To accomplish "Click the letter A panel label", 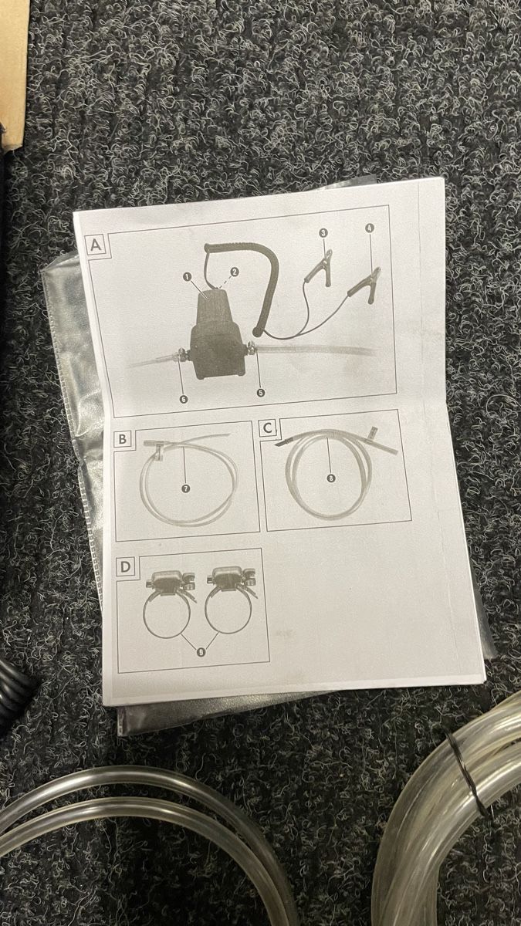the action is [96, 245].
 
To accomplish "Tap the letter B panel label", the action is [123, 438].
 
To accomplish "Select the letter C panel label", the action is [268, 428].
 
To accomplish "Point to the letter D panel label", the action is [126, 566].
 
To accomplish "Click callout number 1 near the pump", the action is [188, 277].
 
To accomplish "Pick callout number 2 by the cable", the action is [235, 272].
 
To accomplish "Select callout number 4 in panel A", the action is [369, 228].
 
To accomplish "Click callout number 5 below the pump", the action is [261, 392].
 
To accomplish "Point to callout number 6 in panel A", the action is [184, 398].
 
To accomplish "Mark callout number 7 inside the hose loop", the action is [186, 488].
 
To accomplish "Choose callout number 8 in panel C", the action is [330, 478].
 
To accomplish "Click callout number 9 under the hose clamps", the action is [201, 652].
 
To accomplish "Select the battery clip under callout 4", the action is [364, 282].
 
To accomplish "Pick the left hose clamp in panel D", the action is [166, 603].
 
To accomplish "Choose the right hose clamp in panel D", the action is [229, 600].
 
